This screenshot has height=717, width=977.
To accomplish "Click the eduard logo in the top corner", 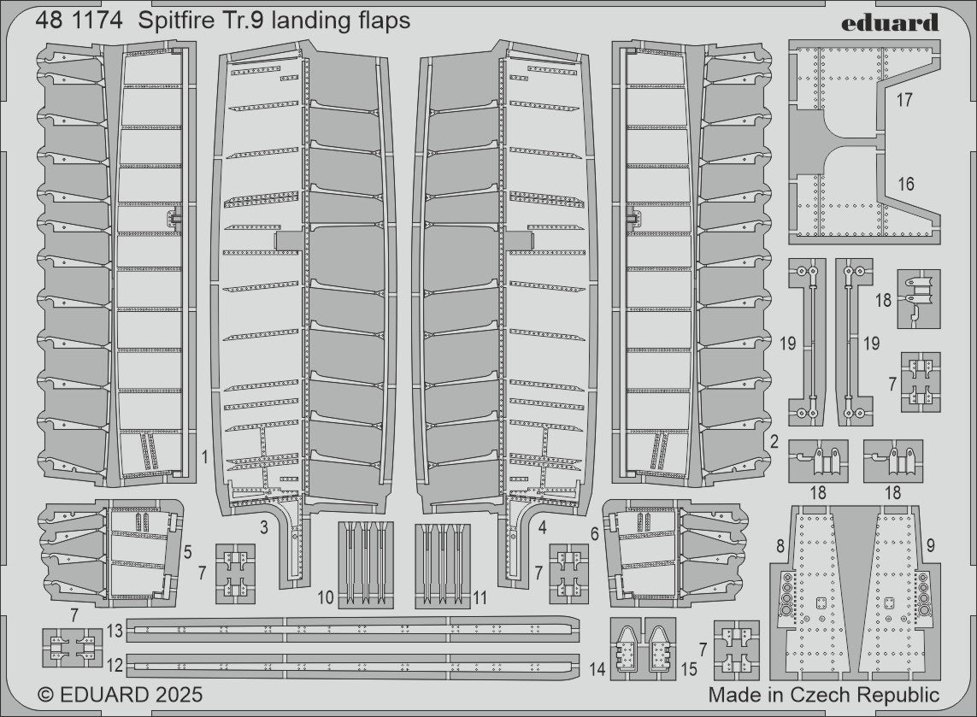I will point(889,22).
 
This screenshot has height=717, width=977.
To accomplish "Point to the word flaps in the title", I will point(384,21).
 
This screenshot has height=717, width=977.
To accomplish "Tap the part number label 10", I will point(325,597).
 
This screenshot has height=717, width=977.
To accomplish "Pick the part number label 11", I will point(480,597).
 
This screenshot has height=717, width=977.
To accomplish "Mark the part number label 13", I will point(115,632).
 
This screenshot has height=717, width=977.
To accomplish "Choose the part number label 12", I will point(115,664).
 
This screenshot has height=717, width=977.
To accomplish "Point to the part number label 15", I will point(689,669).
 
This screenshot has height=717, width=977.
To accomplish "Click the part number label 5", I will point(188,553).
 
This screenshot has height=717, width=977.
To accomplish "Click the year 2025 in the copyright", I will point(177,695).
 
